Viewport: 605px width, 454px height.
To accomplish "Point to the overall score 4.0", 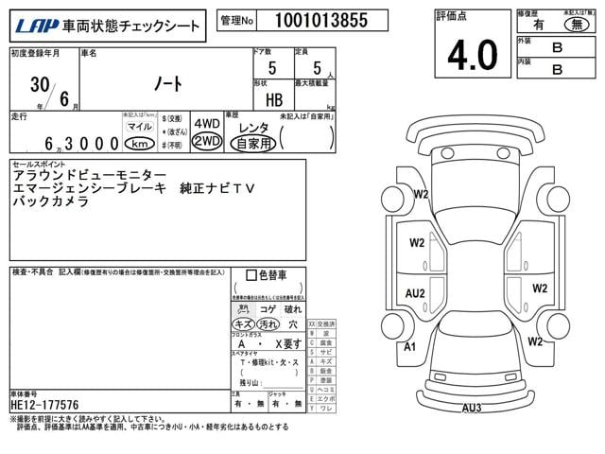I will [472, 56].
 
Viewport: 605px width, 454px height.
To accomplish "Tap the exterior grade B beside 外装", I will [557, 45].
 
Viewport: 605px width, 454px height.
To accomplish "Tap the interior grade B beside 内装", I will [557, 68].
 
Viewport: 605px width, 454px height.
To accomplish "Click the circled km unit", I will [140, 144].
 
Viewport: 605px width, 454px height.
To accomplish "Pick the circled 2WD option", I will [206, 142].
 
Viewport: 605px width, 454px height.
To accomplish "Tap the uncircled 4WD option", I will [206, 124].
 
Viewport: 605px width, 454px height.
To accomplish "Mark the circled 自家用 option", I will [252, 144].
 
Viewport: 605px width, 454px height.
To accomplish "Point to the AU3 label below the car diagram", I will [472, 409].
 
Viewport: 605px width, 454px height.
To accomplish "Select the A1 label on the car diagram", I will [410, 347].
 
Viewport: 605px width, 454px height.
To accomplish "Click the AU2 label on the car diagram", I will [415, 293].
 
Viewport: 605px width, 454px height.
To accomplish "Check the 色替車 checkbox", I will [251, 276].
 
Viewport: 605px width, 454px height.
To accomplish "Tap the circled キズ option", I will [243, 323].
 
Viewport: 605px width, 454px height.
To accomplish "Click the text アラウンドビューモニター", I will [90, 176].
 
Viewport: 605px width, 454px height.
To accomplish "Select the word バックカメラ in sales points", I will [51, 202].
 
